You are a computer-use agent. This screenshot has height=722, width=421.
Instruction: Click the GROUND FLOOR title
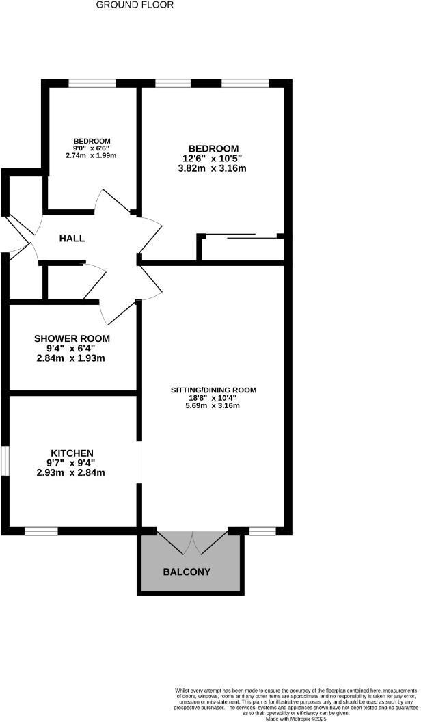click(135, 5)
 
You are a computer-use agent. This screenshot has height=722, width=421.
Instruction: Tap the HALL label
click(72, 239)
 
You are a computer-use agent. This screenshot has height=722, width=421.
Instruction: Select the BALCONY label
click(186, 572)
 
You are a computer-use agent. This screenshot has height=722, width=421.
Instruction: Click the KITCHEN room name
click(72, 453)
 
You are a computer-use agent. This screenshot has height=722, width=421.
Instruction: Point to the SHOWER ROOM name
click(72, 338)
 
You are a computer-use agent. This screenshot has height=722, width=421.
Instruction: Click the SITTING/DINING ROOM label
click(213, 390)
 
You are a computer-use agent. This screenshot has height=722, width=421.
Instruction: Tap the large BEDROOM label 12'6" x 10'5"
click(213, 148)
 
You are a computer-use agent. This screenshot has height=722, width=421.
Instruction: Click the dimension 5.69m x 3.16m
click(213, 405)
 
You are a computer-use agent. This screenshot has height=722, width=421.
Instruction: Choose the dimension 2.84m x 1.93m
click(72, 358)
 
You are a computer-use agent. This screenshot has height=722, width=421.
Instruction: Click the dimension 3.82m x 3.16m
click(213, 168)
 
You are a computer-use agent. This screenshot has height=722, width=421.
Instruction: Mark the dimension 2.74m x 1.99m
click(92, 155)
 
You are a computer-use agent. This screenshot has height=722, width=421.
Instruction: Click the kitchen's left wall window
click(4, 459)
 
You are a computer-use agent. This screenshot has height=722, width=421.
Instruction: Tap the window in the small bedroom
click(92, 83)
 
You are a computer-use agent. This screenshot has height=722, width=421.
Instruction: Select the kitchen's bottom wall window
click(41, 531)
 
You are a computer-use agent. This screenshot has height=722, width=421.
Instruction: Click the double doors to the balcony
click(191, 542)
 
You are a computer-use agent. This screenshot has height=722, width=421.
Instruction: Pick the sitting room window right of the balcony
click(262, 531)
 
